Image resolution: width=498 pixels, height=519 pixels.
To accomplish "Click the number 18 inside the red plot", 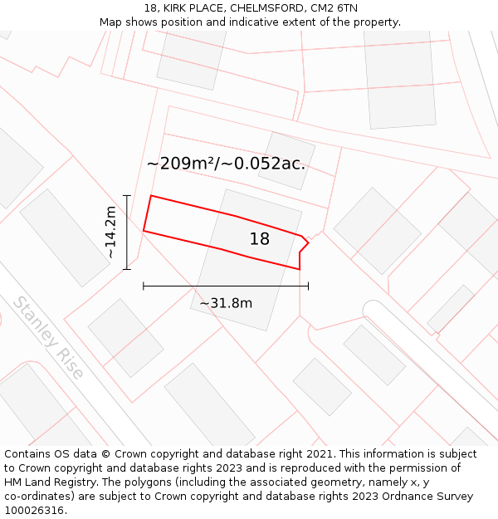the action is point(259,239).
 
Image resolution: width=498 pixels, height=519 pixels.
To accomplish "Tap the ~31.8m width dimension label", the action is point(226,303).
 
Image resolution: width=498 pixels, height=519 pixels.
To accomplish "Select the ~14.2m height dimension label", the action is point(110,233).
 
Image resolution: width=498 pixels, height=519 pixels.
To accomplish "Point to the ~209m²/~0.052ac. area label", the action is point(226,164).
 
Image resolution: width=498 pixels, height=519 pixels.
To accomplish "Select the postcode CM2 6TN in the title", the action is point(335,7).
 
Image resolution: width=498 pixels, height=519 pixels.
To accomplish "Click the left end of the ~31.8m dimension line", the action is point(144,286).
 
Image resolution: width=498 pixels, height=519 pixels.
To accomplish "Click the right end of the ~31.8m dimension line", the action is point(308,286).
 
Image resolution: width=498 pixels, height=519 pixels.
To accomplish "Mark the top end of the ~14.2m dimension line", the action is point(127,195).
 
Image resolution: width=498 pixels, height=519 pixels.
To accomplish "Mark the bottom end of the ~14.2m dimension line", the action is point(127,269).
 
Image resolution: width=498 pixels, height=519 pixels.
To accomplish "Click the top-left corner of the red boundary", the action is point(151,196).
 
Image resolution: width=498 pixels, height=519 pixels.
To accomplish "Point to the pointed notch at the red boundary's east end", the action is point(309,242).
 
